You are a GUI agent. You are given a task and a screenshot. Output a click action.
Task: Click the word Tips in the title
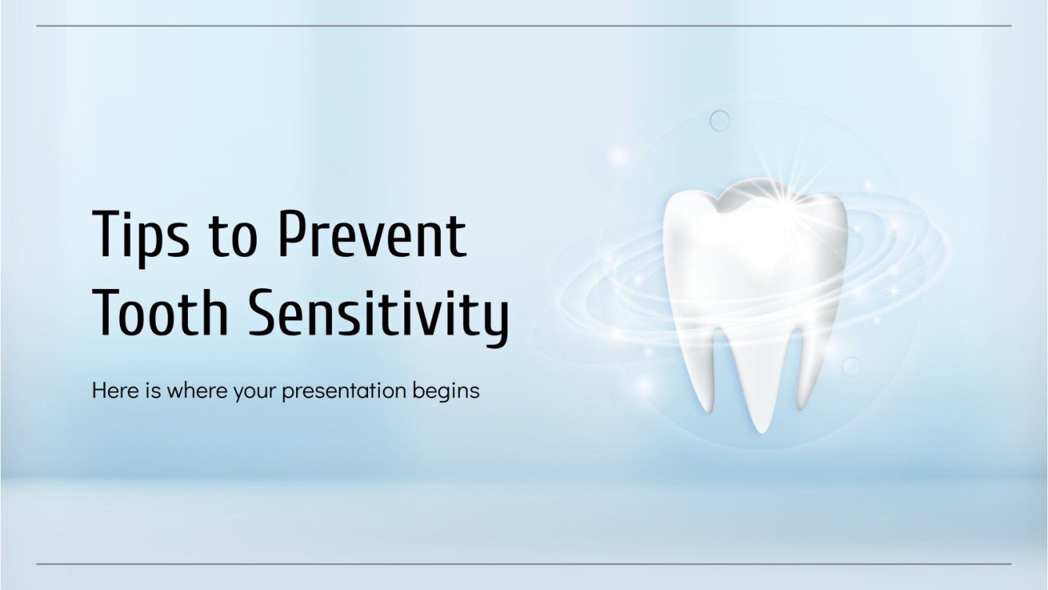(141, 237)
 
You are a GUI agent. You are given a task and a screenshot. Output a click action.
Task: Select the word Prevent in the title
(373, 234)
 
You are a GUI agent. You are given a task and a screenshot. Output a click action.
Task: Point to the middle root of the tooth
(761, 384)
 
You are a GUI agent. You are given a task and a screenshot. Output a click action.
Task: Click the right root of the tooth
(806, 370)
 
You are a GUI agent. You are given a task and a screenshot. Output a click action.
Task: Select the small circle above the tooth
(720, 121)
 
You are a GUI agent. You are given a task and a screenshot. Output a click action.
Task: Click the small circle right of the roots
(851, 367)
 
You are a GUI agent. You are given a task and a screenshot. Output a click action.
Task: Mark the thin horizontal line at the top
(524, 26)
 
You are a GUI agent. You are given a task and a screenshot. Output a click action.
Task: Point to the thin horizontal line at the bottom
(524, 564)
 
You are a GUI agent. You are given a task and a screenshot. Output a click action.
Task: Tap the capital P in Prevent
(295, 234)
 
